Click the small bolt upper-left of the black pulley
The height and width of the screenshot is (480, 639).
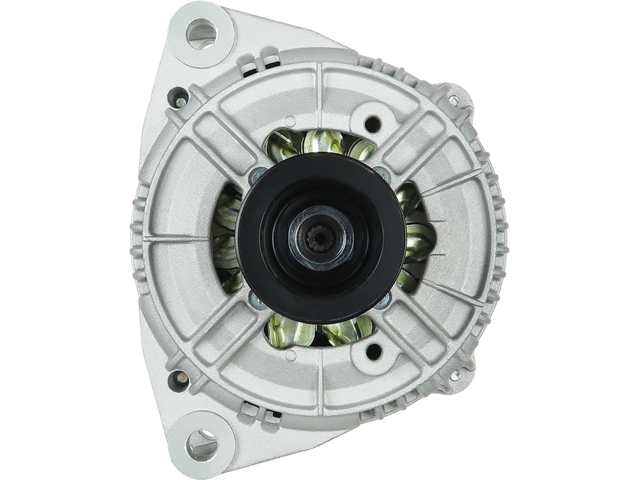coord(254,178)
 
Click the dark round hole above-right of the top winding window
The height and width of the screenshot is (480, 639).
coord(371,124)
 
